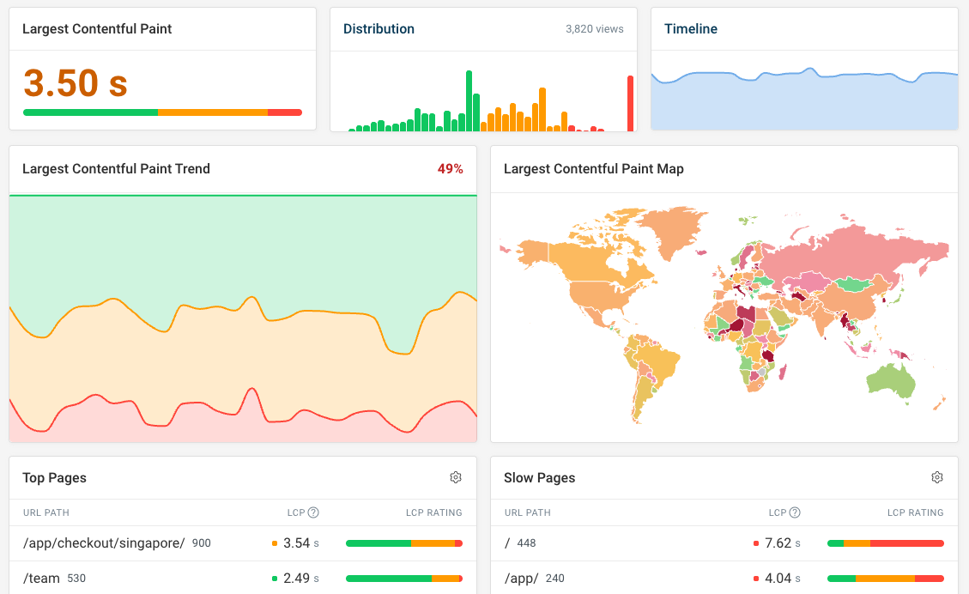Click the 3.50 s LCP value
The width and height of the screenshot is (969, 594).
pyautogui.click(x=76, y=83)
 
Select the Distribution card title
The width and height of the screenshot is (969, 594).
pyautogui.click(x=379, y=29)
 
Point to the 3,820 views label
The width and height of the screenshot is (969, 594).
pyautogui.click(x=594, y=29)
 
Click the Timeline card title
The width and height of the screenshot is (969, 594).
pyautogui.click(x=691, y=29)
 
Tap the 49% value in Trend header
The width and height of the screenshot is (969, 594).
pyautogui.click(x=450, y=169)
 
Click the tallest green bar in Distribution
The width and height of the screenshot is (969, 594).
pyautogui.click(x=469, y=101)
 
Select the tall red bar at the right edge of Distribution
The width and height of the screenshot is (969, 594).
pyautogui.click(x=630, y=103)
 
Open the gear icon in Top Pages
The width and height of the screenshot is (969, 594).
pyautogui.click(x=456, y=477)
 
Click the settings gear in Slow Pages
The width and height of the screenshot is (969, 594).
pyautogui.click(x=937, y=477)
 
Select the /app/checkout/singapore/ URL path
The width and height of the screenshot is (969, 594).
pyautogui.click(x=104, y=543)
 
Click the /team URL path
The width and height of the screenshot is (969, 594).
pyautogui.click(x=41, y=579)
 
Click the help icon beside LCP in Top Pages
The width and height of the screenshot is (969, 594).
pyautogui.click(x=313, y=512)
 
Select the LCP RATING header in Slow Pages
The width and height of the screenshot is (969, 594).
pyautogui.click(x=915, y=512)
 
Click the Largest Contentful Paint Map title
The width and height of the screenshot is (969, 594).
pyautogui.click(x=593, y=169)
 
